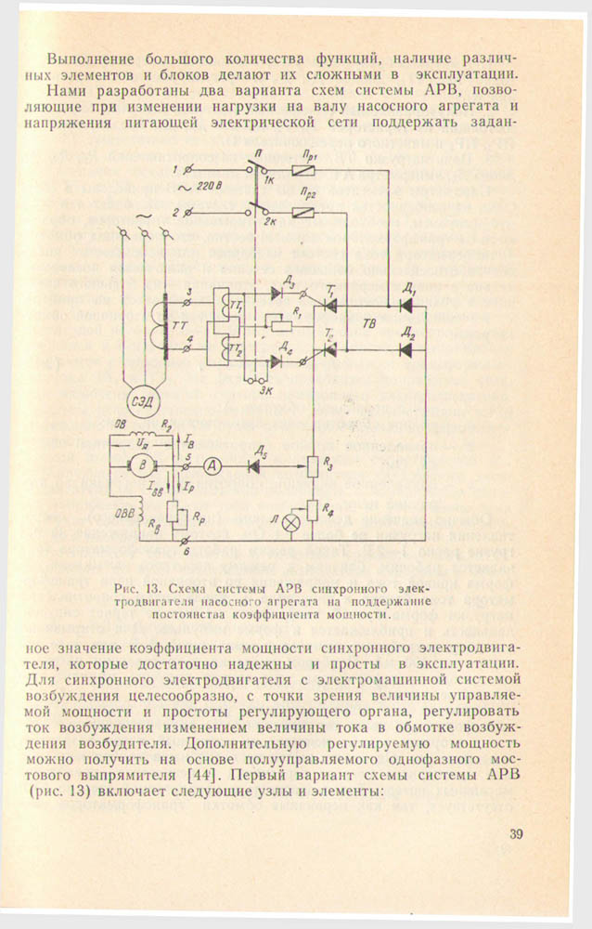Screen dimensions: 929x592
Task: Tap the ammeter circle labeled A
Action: (212, 467)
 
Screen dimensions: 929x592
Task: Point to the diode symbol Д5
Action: (253, 467)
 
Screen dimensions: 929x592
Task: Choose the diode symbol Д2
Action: (405, 349)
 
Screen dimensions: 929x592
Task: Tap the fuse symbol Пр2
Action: (302, 214)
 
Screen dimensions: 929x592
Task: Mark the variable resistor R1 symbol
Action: (276, 326)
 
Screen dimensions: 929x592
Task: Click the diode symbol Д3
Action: (277, 293)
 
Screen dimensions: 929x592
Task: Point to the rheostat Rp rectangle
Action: (173, 512)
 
